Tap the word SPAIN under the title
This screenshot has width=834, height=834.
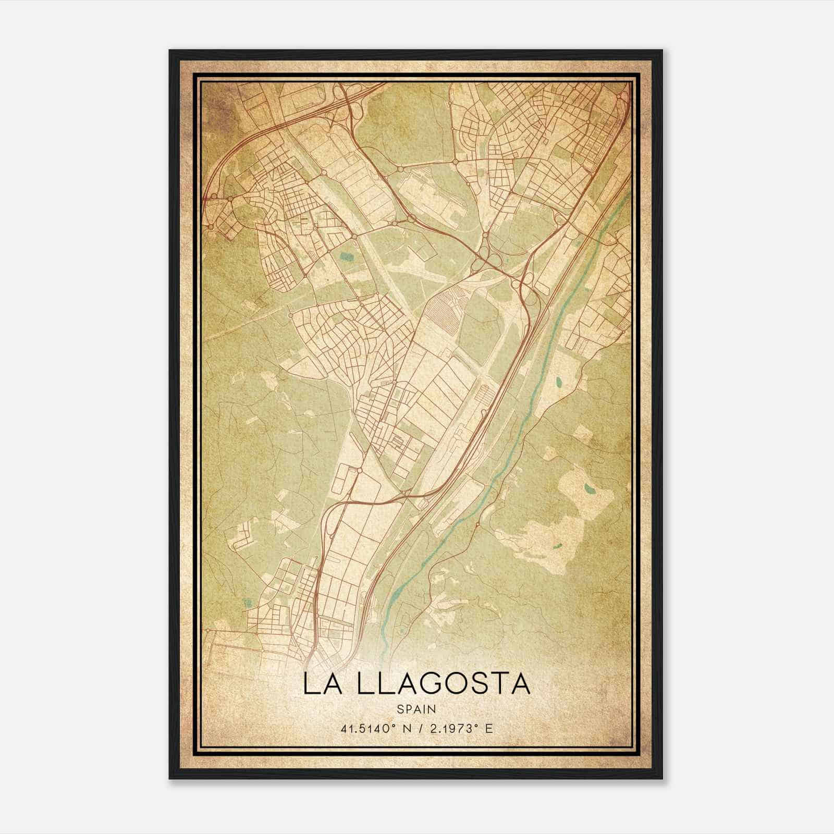(416, 709)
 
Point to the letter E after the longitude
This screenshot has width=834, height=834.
(488, 728)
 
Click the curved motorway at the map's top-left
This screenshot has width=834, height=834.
(235, 146)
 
